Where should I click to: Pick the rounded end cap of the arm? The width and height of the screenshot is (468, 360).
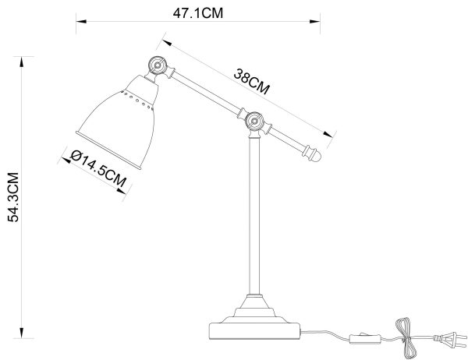(315, 155)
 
